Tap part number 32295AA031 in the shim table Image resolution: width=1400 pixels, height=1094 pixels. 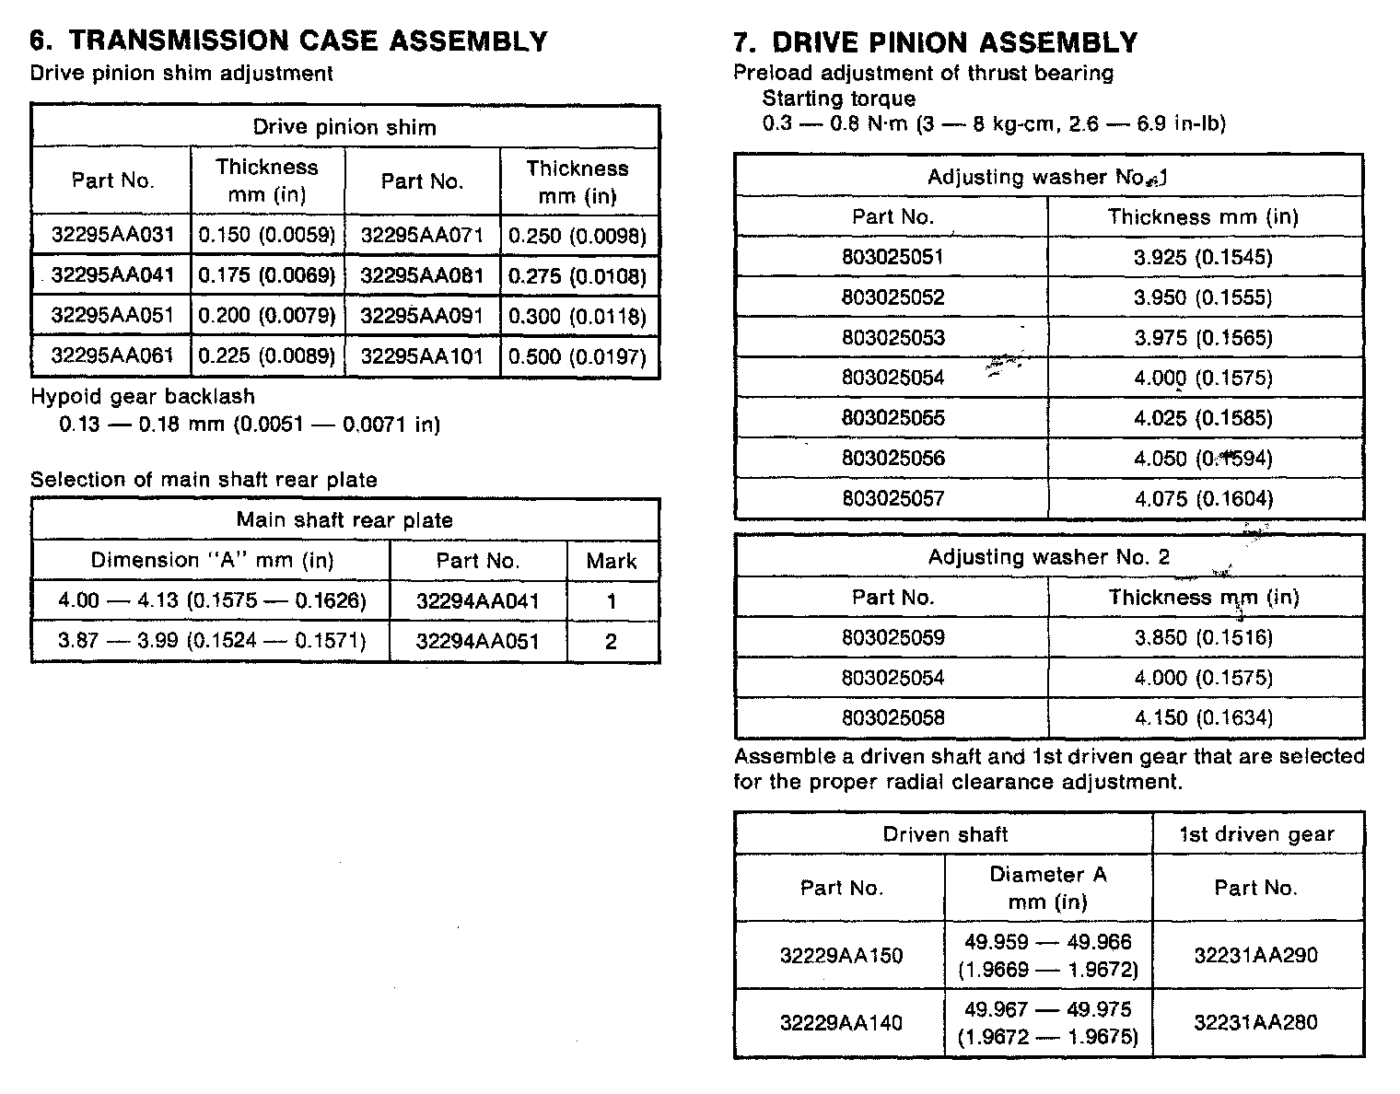coord(112,235)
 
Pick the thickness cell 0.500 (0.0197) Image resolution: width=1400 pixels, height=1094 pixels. coord(577,356)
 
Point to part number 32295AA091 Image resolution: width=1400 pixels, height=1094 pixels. coord(422,316)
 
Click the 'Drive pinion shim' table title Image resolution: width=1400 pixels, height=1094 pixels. coord(344,127)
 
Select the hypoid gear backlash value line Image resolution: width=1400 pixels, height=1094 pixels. coord(250,425)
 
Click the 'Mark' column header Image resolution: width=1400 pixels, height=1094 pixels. coord(612,561)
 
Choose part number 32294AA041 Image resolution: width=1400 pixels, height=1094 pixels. coord(477,601)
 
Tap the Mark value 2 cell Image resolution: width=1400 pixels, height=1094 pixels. coord(611,642)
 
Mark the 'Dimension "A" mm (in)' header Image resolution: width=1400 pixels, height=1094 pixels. coord(212,561)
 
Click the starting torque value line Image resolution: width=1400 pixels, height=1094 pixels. coord(994,123)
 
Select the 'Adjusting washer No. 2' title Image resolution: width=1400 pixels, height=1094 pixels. coord(1049,557)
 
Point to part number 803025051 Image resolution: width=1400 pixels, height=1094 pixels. coord(892,257)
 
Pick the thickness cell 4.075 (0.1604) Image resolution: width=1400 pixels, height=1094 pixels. coord(1204,499)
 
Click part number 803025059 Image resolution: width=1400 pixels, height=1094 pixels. coord(892,637)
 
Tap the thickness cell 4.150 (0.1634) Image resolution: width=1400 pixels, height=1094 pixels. coord(1204,717)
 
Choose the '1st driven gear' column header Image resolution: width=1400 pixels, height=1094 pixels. coord(1256,834)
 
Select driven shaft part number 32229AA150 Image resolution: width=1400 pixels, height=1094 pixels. coord(841,955)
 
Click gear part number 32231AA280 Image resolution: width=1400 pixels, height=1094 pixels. coord(1256,1022)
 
